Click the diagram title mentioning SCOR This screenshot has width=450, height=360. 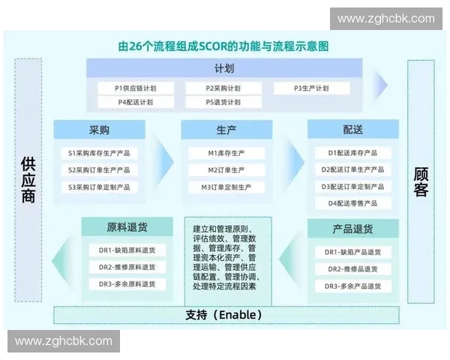(223, 46)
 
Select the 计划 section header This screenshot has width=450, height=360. (223, 69)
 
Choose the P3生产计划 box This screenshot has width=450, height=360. (311, 88)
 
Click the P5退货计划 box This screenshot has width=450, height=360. (223, 102)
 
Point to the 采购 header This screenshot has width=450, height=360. (99, 130)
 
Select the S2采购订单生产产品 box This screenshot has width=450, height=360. (99, 170)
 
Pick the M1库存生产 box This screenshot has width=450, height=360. (226, 153)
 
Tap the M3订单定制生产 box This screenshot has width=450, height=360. (226, 187)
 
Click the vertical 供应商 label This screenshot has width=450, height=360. (28, 180)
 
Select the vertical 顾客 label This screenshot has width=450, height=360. (421, 181)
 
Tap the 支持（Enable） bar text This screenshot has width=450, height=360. (223, 314)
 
